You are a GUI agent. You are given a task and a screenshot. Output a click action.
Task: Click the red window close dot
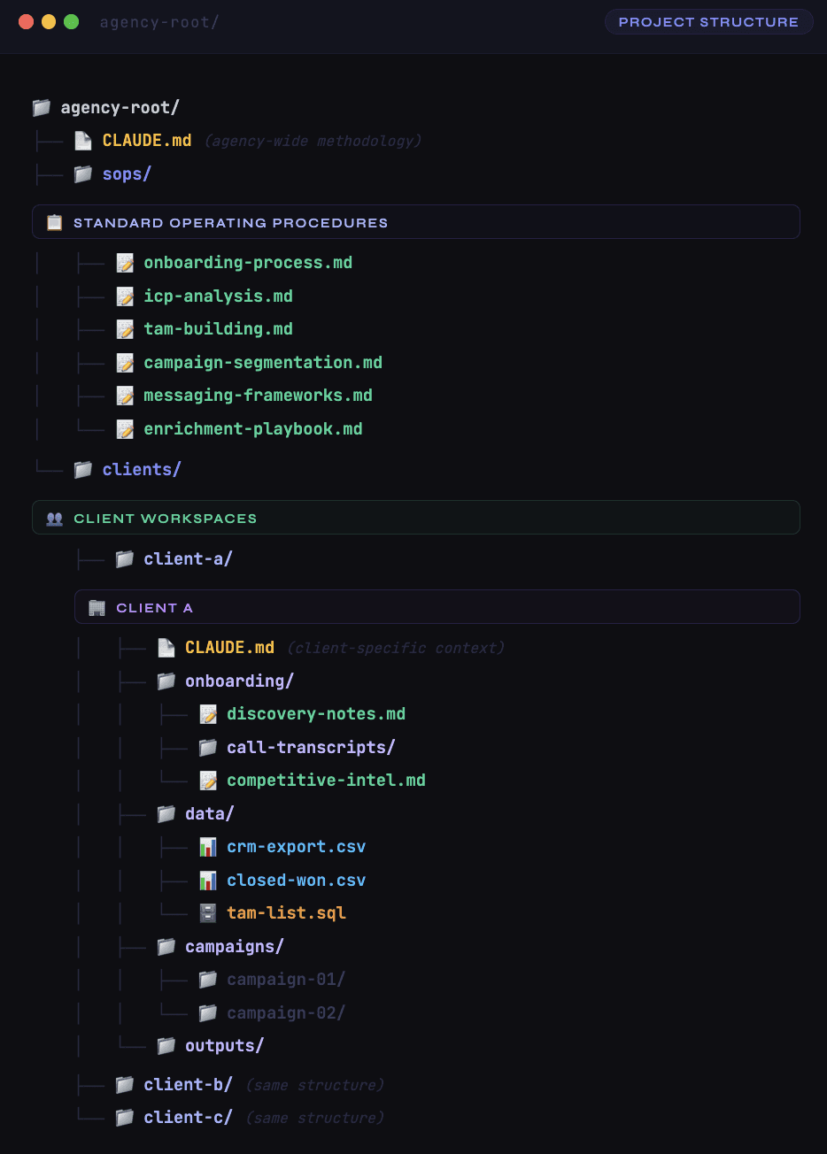[26, 22]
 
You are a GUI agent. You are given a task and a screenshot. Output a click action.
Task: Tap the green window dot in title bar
[72, 22]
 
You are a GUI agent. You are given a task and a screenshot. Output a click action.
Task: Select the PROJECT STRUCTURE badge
[708, 22]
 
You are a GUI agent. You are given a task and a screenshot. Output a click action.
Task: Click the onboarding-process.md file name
[248, 263]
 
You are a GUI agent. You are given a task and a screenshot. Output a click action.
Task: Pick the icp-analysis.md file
[218, 296]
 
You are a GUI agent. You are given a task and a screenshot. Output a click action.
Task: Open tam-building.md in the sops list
[218, 329]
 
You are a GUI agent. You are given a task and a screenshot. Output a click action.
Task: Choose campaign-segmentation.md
[263, 363]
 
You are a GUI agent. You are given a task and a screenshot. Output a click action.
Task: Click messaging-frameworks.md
[258, 396]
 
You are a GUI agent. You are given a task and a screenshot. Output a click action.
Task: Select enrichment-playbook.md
[253, 429]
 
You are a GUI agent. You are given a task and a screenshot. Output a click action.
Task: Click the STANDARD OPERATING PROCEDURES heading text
[230, 223]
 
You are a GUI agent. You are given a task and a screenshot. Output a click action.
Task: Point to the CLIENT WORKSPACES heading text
[165, 519]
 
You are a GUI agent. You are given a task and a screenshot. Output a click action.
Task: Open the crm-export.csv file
[296, 847]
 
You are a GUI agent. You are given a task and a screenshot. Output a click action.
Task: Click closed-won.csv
[296, 881]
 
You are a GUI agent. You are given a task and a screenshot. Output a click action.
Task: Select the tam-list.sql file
[286, 913]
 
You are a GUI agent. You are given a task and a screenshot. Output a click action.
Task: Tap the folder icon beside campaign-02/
[208, 1012]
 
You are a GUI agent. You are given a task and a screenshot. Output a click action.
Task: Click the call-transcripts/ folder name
[311, 748]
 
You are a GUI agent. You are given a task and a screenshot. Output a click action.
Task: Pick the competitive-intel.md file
[326, 781]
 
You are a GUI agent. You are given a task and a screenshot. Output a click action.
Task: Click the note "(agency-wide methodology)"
[313, 142]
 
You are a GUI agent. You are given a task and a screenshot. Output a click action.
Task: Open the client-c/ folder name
[188, 1118]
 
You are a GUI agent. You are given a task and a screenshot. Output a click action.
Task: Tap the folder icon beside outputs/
[166, 1046]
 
